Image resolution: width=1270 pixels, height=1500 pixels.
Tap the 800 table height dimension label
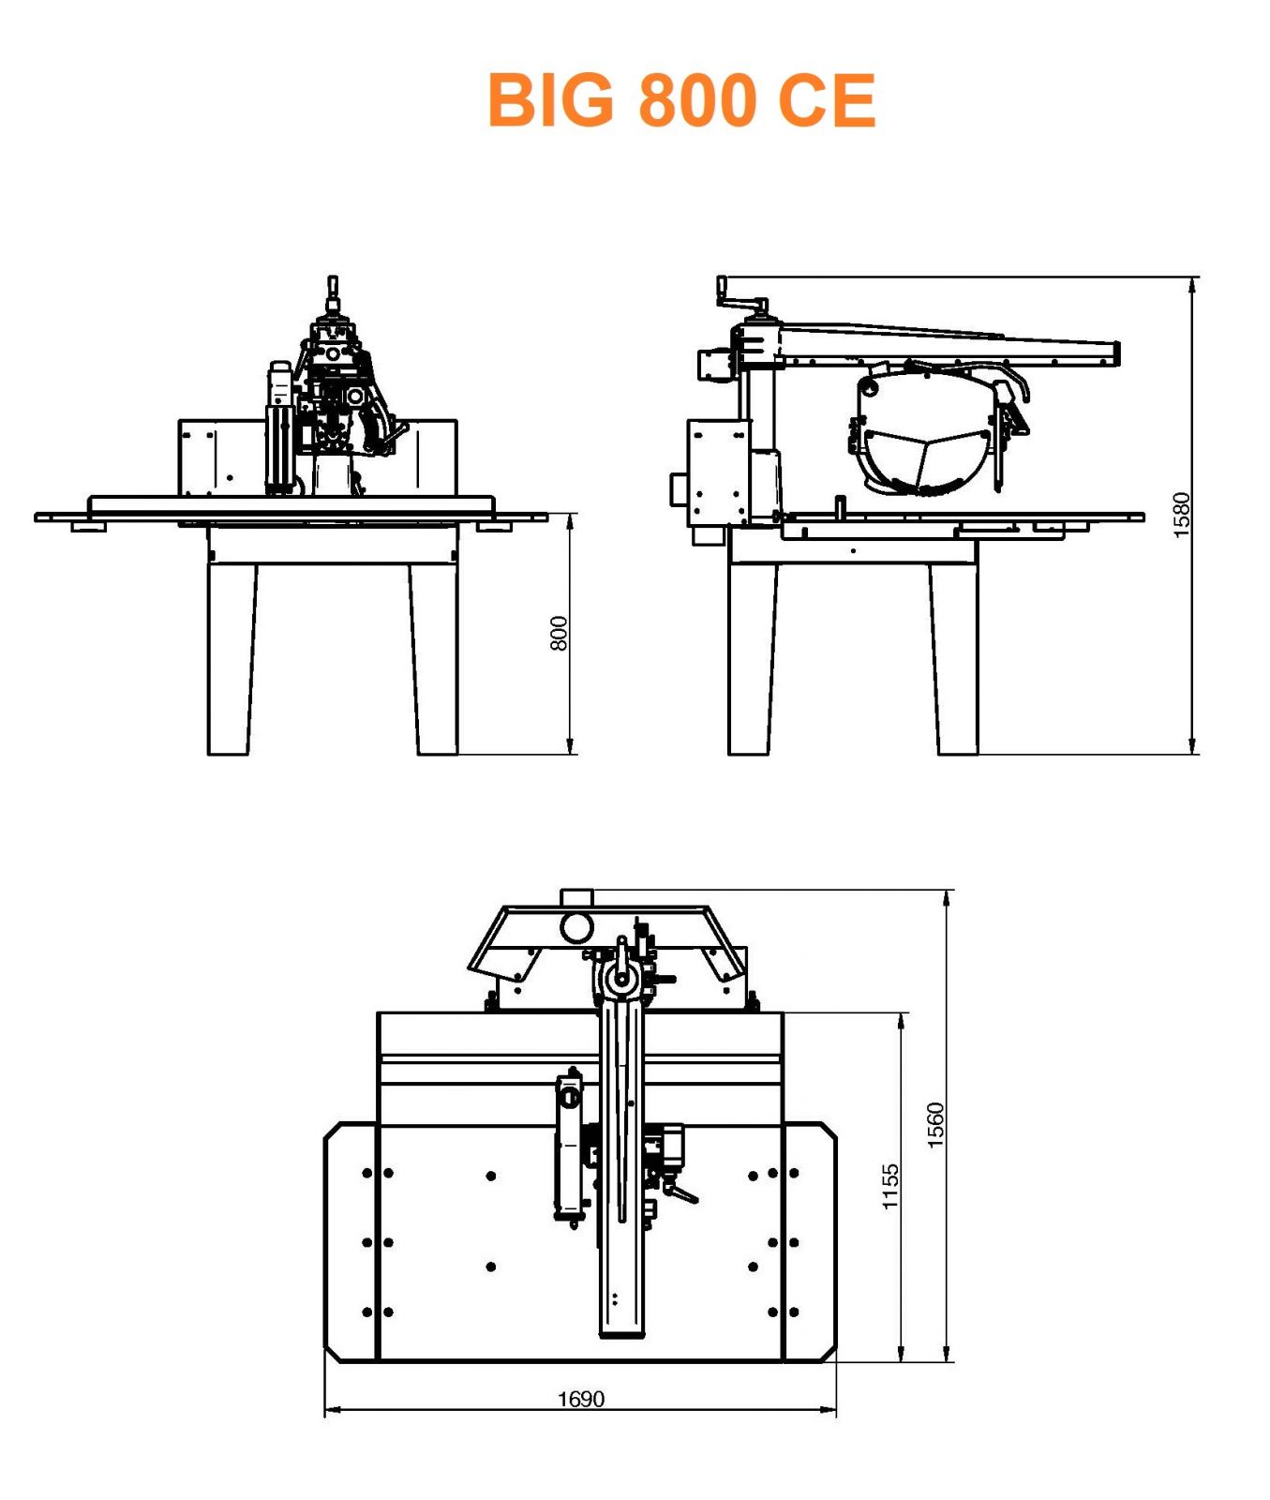point(559,634)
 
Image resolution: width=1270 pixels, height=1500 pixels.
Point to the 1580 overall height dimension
point(1181,515)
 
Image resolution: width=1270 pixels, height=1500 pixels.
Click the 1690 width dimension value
point(581,1400)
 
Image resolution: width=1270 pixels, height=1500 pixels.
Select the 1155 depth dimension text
point(890,1187)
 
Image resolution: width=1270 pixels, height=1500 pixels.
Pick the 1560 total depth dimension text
point(935,1125)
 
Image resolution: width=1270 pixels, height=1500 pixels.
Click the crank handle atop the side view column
point(741,297)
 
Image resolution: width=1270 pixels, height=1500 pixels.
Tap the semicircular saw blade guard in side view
point(923,431)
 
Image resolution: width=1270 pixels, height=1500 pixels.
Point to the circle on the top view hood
point(576,927)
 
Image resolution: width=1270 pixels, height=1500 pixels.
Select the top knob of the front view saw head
point(332,284)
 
